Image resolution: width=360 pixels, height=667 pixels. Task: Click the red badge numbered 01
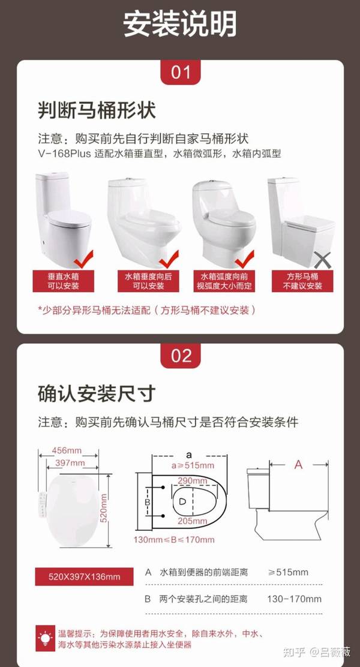(181, 72)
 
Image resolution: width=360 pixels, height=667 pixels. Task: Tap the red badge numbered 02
(181, 356)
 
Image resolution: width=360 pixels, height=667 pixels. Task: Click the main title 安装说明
(180, 24)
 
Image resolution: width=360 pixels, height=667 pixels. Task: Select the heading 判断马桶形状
(97, 110)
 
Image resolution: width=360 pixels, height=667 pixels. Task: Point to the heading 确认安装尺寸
(97, 394)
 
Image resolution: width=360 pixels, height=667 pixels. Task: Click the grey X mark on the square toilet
(323, 260)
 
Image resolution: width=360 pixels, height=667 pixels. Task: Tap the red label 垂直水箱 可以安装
(64, 281)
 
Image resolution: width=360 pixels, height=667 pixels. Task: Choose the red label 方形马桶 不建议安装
(302, 281)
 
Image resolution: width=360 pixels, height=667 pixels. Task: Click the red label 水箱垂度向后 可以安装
(149, 281)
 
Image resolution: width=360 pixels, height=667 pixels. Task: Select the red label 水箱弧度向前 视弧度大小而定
(224, 281)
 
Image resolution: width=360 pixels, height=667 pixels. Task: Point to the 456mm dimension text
(67, 450)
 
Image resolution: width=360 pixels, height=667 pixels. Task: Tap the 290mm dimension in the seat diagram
(193, 480)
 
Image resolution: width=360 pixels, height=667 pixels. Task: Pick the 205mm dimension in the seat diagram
(193, 521)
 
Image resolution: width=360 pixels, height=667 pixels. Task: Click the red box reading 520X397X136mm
(84, 577)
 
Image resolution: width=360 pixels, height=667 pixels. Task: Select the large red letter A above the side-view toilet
(299, 465)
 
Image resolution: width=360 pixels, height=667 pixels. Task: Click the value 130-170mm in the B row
(294, 599)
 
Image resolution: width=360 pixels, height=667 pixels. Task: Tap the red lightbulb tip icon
(45, 638)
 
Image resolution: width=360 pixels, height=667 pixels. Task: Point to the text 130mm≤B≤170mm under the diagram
(174, 540)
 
